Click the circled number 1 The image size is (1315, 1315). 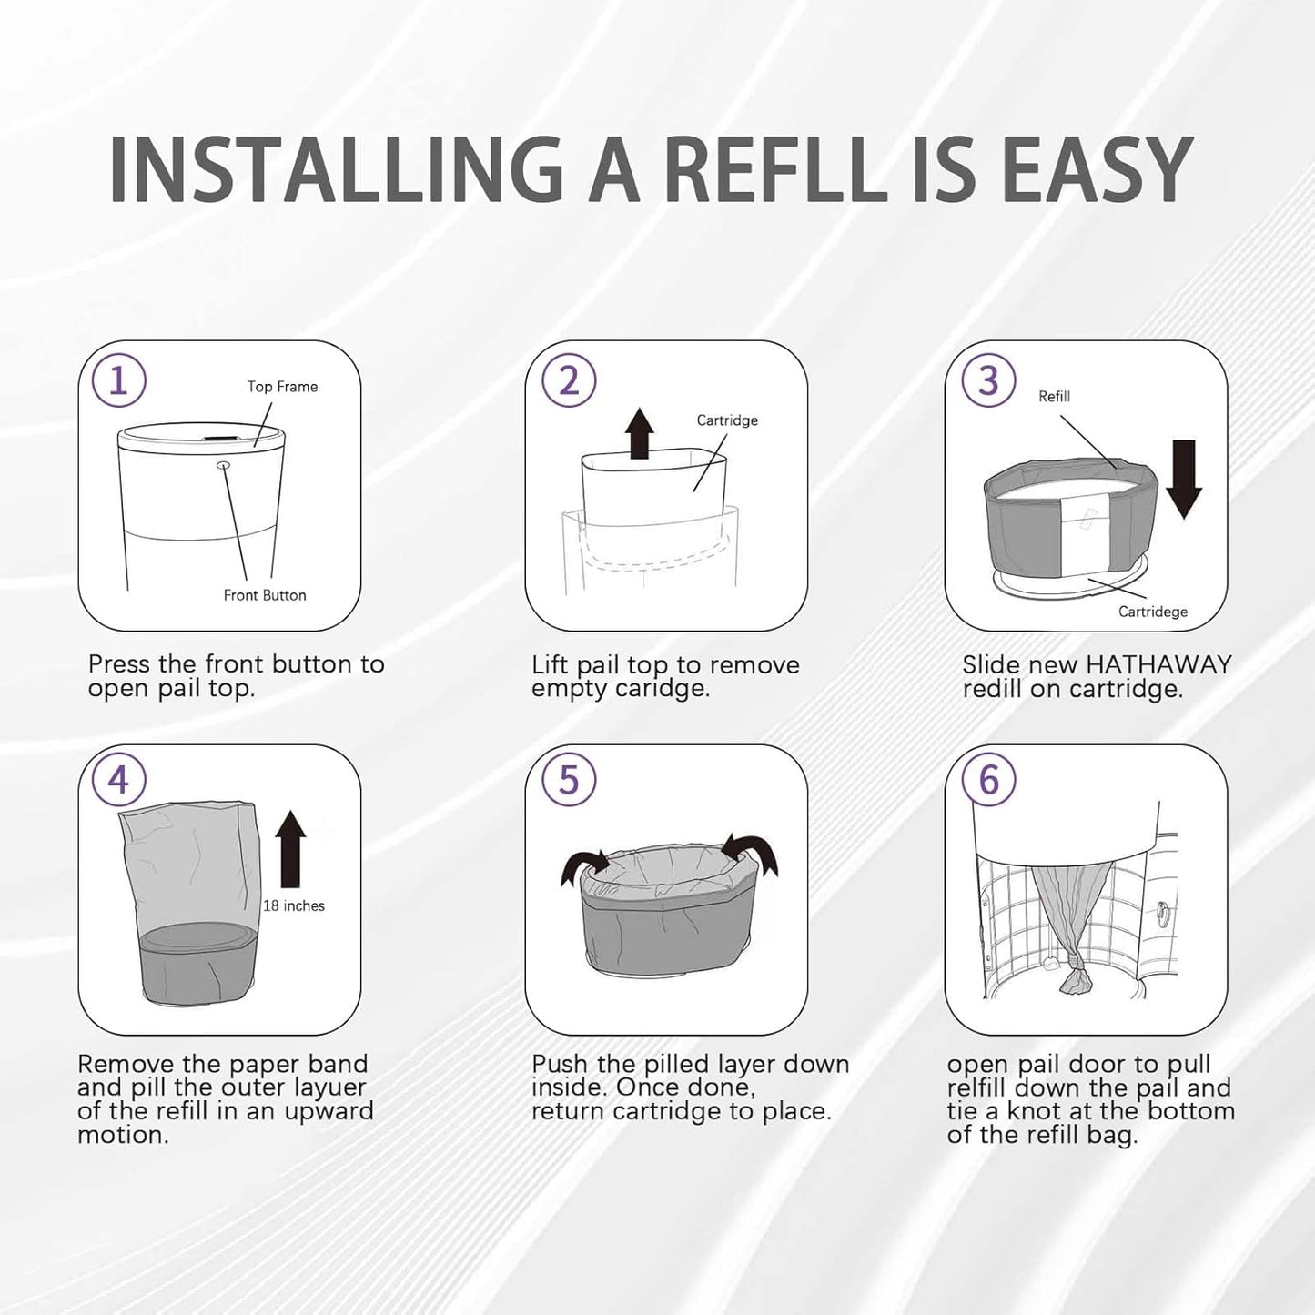[x=118, y=380]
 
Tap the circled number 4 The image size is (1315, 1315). [x=118, y=780]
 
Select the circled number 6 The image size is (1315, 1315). [x=988, y=780]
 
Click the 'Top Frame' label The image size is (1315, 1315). [x=282, y=387]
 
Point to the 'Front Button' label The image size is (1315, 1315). [x=265, y=595]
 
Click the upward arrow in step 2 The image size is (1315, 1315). [x=640, y=433]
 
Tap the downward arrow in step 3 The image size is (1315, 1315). [x=1183, y=479]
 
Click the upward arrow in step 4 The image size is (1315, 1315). [x=290, y=848]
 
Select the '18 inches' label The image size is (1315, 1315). [x=293, y=905]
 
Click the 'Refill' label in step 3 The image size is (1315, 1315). [x=1054, y=397]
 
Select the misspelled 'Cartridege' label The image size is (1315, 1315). [x=1152, y=612]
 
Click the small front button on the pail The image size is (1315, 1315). [x=223, y=465]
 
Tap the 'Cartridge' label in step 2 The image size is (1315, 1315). [x=726, y=420]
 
